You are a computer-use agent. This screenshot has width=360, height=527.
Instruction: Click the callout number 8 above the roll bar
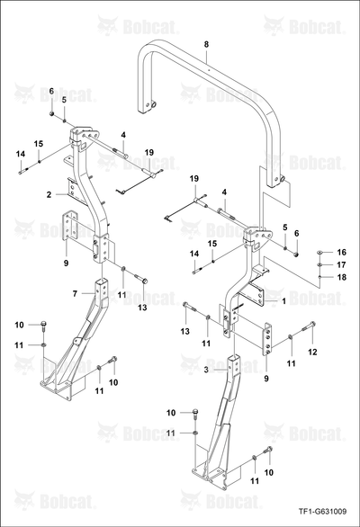[x=206, y=44]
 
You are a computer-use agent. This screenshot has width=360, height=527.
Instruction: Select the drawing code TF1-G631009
[x=322, y=512]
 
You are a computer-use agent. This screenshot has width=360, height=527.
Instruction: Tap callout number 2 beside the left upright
[x=49, y=194]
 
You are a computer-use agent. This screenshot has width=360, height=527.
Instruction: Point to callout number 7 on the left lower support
[x=75, y=294]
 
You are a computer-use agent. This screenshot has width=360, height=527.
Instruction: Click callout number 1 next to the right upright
[x=283, y=301]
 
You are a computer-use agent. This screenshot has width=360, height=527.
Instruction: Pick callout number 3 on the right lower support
[x=206, y=370]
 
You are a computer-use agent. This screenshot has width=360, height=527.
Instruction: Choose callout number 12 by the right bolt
[x=312, y=352]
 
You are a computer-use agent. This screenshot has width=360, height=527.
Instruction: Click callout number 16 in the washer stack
[x=341, y=252]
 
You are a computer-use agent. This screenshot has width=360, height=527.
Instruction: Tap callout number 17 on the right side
[x=341, y=264]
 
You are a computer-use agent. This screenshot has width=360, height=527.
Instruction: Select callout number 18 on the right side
[x=341, y=277]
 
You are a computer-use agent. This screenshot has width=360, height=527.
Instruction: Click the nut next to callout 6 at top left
[x=52, y=114]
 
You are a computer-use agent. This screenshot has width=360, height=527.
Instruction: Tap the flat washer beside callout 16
[x=320, y=252]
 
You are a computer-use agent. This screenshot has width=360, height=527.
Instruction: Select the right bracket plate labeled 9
[x=267, y=339]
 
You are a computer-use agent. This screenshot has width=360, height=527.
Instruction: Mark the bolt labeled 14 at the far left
[x=22, y=172]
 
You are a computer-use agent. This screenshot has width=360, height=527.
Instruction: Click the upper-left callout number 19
[x=149, y=152]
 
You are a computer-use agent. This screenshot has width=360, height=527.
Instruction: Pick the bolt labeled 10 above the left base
[x=43, y=325]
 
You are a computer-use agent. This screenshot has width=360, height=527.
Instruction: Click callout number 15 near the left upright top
[x=39, y=144]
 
